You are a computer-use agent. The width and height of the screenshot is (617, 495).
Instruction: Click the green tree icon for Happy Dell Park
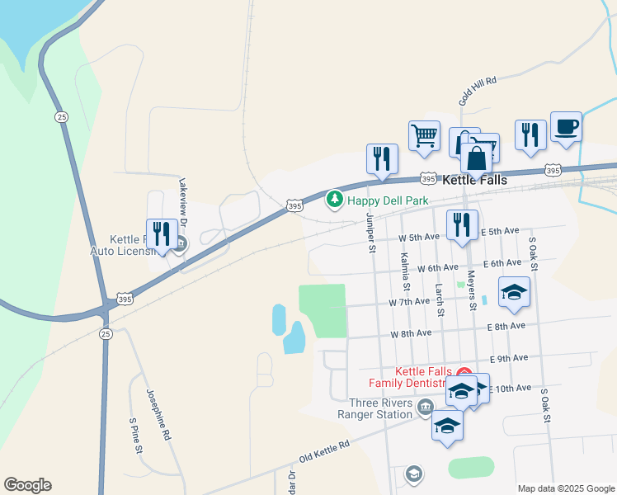(x=334, y=200)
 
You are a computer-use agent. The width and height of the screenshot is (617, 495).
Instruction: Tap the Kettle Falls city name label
(x=474, y=179)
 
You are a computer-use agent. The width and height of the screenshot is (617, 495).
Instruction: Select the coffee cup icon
(x=566, y=129)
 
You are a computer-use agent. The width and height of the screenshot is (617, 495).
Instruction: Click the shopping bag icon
(x=478, y=157)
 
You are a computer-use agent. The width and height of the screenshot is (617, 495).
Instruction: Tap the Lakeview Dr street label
(x=185, y=205)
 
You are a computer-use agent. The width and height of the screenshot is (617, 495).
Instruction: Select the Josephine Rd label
(x=159, y=412)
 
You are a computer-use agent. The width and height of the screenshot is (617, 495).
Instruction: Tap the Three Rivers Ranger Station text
(x=374, y=409)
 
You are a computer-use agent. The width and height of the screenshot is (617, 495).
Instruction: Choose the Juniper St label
(x=371, y=233)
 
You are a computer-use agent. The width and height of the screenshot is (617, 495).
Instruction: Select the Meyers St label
(x=472, y=290)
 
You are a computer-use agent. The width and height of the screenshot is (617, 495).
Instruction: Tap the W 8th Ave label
(x=411, y=334)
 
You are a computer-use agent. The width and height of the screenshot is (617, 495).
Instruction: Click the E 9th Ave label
(x=508, y=358)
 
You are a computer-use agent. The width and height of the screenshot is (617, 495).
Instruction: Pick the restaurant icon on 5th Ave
(x=462, y=224)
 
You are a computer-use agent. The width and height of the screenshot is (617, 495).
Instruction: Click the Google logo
(x=27, y=485)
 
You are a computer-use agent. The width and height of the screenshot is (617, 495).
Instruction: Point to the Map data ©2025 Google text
(x=566, y=488)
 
